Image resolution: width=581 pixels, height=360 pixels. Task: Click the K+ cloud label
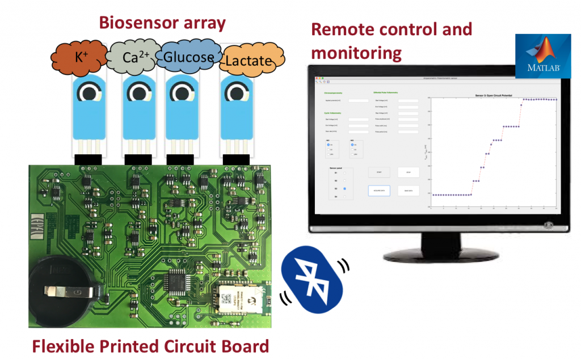79,58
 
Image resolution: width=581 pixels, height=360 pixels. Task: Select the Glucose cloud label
188,57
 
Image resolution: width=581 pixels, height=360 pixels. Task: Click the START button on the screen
378,172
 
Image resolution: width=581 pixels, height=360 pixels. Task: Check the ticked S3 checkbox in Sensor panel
345,188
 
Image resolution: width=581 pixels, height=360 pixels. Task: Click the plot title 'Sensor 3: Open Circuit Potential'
492,96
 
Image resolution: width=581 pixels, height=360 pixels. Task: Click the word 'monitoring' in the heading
356,53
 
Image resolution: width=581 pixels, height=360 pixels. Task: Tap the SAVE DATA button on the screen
408,190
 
